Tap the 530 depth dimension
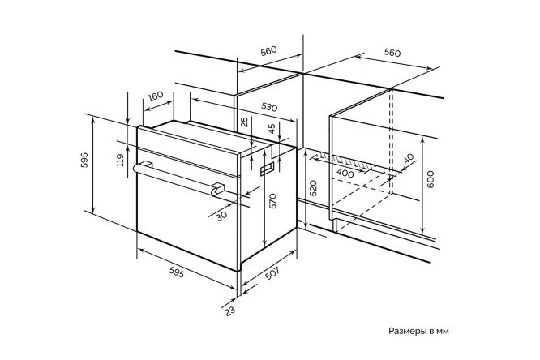click(270, 107)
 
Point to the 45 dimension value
click(272, 127)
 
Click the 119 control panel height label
click(121, 160)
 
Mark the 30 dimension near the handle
click(221, 213)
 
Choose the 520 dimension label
click(313, 191)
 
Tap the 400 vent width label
click(345, 173)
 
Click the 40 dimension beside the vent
click(408, 159)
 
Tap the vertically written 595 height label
click(84, 161)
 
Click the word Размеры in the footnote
click(409, 331)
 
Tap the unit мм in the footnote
click(442, 331)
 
